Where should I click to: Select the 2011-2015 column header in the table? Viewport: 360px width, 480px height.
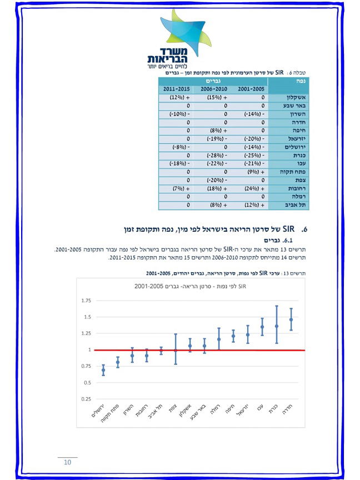coord(177,89)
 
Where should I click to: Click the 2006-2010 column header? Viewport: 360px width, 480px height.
coord(214,89)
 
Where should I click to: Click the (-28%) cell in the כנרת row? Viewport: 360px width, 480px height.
coord(214,156)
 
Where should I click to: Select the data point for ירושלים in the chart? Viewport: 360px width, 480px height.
coord(103,370)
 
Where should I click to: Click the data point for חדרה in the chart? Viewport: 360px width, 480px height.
coord(291,319)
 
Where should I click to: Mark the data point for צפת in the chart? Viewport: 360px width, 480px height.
coord(176,350)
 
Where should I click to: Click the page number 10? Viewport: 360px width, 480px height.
coord(68,462)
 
